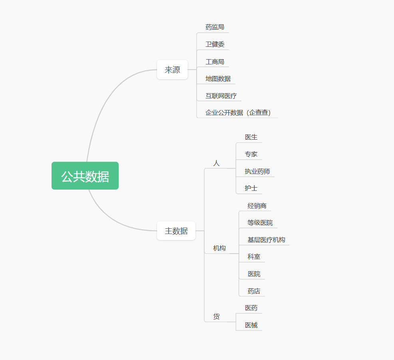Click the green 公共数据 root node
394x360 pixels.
[85, 176]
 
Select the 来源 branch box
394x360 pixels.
[172, 70]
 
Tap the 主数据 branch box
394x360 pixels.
[176, 231]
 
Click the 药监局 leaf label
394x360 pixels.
[215, 27]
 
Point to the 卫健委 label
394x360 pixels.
[215, 44]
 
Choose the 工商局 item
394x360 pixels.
[215, 62]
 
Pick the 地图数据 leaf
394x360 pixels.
[218, 79]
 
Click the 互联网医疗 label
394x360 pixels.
[221, 96]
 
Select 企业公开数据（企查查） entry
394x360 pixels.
[241, 113]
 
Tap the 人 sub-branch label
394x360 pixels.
[216, 163]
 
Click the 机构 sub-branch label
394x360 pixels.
[219, 248]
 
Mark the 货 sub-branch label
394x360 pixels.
[216, 316]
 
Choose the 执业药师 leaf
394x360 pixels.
[257, 172]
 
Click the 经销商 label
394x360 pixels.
[257, 206]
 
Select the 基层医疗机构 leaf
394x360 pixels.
[266, 240]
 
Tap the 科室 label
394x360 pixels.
[254, 257]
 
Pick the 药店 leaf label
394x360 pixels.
[254, 291]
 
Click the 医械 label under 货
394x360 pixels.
[251, 325]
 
